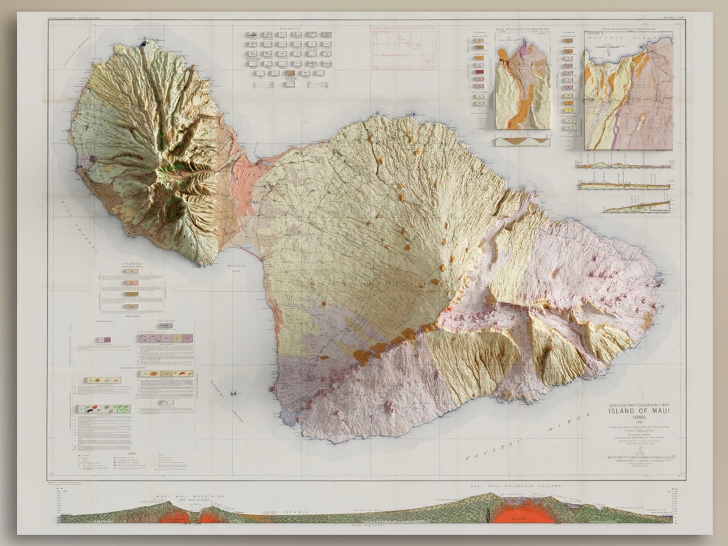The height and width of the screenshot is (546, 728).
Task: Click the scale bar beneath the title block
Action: pos(639,457)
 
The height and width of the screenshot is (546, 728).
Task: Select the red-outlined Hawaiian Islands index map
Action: pos(404,48)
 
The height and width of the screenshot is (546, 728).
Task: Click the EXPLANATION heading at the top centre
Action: pos(289,29)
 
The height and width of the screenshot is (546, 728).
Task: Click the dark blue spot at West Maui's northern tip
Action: pos(144,43)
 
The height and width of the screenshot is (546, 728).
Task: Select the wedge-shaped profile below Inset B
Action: pos(637,207)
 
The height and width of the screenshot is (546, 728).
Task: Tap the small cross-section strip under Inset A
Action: pos(522,141)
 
